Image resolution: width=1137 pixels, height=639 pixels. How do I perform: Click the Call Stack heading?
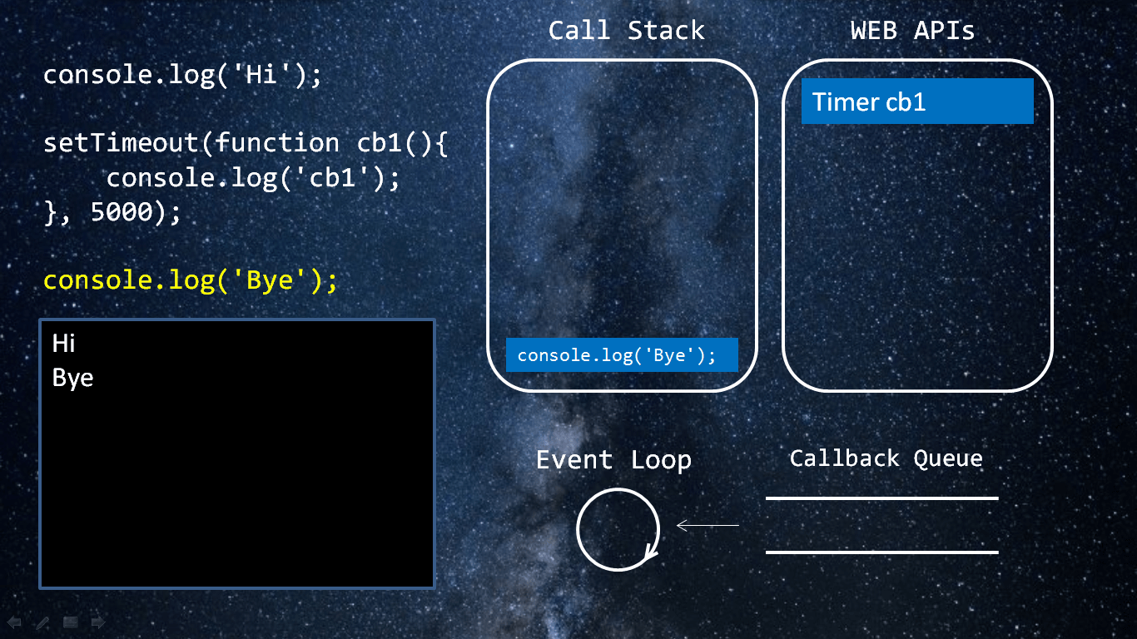pyautogui.click(x=627, y=31)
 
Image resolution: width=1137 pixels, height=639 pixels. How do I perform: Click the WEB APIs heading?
pyautogui.click(x=912, y=31)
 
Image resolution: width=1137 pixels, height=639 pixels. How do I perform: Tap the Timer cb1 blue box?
pyautogui.click(x=917, y=101)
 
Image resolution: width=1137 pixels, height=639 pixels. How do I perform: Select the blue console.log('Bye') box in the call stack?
pyautogui.click(x=622, y=354)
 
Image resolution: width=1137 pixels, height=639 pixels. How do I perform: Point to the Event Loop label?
pyautogui.click(x=613, y=460)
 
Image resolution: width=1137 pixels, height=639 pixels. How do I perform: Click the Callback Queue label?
pyautogui.click(x=886, y=458)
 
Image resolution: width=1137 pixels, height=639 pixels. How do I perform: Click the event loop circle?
pyautogui.click(x=618, y=529)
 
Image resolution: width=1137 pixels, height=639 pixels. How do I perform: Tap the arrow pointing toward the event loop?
pyautogui.click(x=708, y=525)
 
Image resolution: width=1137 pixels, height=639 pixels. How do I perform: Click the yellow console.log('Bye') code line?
pyautogui.click(x=191, y=280)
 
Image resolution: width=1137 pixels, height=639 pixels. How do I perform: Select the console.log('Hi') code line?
pyautogui.click(x=182, y=76)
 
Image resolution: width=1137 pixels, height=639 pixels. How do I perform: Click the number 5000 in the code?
pyautogui.click(x=122, y=211)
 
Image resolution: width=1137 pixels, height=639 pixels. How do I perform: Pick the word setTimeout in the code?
pyautogui.click(x=121, y=142)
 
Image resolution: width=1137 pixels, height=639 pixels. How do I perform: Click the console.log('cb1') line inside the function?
pyautogui.click(x=253, y=179)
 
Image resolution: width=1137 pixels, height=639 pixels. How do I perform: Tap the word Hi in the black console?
pyautogui.click(x=63, y=344)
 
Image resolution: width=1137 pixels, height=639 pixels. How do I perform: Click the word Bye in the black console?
pyautogui.click(x=72, y=379)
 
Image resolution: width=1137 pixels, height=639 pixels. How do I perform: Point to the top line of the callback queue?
pyautogui.click(x=881, y=498)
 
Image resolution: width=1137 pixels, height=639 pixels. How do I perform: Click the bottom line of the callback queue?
pyautogui.click(x=881, y=552)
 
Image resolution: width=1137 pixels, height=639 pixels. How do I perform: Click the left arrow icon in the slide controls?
pyautogui.click(x=14, y=622)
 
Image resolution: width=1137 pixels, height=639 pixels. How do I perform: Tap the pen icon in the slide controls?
pyautogui.click(x=42, y=622)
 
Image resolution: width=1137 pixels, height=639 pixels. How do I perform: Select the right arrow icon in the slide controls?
pyautogui.click(x=98, y=622)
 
